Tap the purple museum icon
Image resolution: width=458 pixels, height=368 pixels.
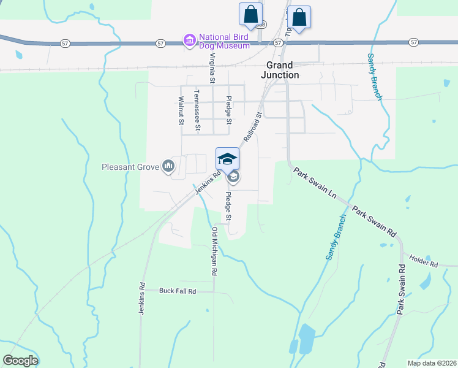[x=190, y=41]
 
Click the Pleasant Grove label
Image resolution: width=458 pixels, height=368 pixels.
[x=130, y=166]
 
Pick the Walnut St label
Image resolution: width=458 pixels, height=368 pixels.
[x=181, y=110]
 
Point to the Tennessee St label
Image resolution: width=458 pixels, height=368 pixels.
[x=197, y=111]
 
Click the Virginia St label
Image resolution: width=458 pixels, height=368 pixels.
[x=212, y=67]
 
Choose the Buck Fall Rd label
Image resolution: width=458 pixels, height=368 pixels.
[x=178, y=291]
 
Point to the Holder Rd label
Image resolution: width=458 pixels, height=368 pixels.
[x=424, y=261]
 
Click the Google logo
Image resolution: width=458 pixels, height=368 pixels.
[x=20, y=361]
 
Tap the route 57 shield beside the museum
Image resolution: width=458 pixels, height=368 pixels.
[x=160, y=43]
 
